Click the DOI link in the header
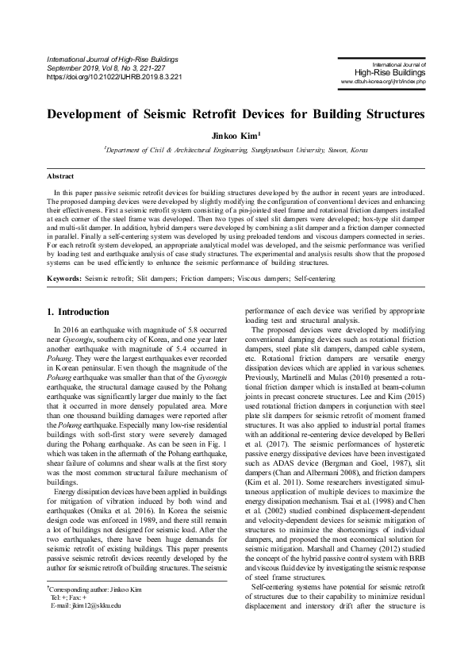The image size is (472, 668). [x=116, y=78]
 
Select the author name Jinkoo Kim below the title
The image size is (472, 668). [x=236, y=135]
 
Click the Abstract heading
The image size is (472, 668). [x=60, y=175]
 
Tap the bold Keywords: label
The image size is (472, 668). [x=64, y=278]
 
